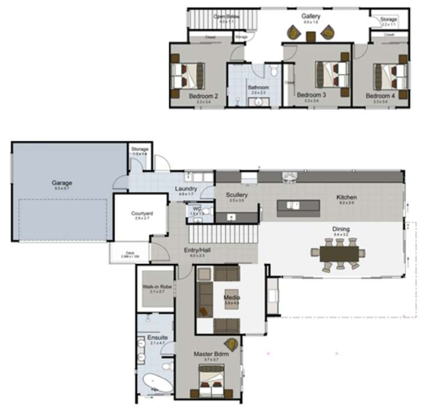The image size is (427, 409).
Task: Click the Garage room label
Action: [62, 183]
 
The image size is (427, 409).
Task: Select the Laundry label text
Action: [186, 189]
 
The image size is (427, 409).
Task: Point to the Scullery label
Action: [237, 195]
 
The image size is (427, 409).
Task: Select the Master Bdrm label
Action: [211, 354]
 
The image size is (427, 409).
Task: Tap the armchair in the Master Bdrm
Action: [232, 344]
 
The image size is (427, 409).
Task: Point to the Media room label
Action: [231, 298]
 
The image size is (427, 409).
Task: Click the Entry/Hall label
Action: [194, 251]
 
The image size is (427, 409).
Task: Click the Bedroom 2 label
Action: [204, 96]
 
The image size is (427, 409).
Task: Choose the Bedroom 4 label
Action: [380, 96]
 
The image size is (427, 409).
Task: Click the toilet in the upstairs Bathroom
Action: [273, 71]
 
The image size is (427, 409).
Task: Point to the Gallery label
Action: [311, 16]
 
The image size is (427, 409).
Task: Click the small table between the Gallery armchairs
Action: [311, 37]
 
